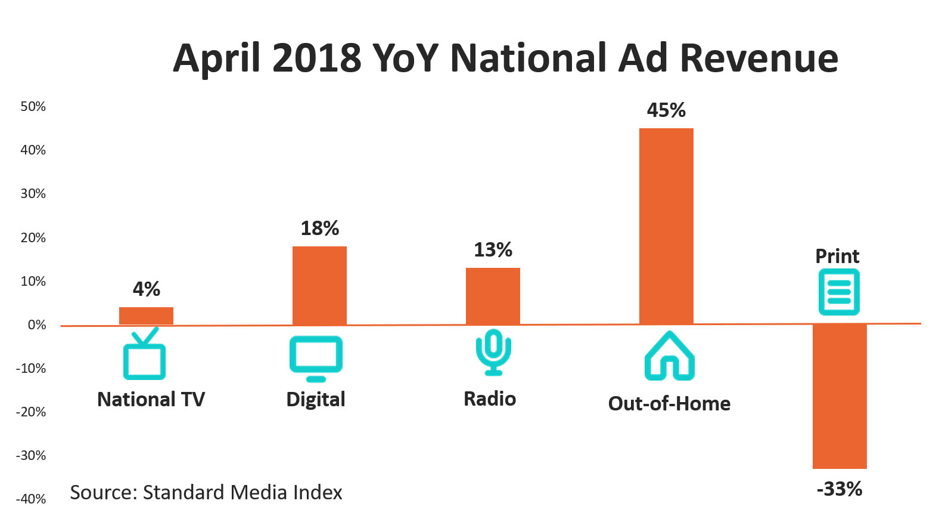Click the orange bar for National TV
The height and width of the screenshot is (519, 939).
pos(146,316)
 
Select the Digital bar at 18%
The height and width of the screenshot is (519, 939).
pos(319,286)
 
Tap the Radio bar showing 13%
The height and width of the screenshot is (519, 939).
pos(493,296)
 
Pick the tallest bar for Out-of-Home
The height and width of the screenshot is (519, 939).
pos(666,227)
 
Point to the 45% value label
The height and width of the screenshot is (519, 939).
pos(666,110)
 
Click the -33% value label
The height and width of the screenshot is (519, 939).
pos(839,489)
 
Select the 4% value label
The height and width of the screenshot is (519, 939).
pos(146,289)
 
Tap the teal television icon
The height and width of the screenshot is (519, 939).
pos(144,356)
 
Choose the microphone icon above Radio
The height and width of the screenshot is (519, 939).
pos(493,352)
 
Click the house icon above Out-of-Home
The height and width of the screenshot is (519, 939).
pos(670,357)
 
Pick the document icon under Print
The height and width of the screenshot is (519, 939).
pos(839,292)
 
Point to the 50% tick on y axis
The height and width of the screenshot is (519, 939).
pos(33,107)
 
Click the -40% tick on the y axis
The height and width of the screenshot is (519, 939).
pos(31,499)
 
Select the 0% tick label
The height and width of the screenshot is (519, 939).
pos(36,325)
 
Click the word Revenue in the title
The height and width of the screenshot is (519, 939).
pos(758,58)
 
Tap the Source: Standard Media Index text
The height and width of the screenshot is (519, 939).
pos(206,493)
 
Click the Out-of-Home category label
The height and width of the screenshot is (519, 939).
pos(669,404)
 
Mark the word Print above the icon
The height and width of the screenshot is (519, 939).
pos(837,257)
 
